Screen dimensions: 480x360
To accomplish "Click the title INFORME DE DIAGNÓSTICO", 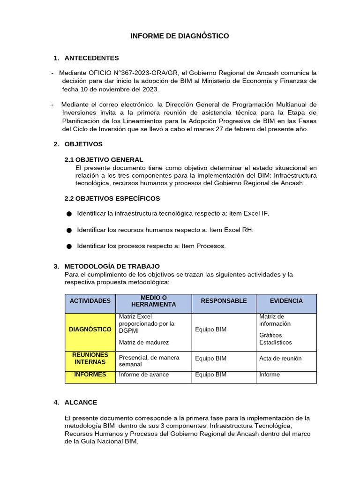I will [180, 36].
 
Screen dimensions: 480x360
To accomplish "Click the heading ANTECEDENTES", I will [91, 58].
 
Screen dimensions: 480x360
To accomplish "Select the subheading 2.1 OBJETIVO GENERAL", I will [104, 160].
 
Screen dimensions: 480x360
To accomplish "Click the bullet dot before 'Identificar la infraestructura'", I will [69, 214].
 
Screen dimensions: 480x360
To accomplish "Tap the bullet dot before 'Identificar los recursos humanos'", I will [69, 230].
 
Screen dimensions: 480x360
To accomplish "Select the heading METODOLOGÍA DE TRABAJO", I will [112, 266].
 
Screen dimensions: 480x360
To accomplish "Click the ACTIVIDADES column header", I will [90, 301].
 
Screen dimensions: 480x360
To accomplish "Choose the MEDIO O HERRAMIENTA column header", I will [154, 301].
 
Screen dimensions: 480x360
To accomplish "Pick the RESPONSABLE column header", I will [224, 301].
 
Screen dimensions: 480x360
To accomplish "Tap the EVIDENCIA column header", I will [286, 301].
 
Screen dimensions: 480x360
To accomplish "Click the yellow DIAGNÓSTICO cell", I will [90, 330].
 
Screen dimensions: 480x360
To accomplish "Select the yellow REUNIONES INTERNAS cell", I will [90, 359].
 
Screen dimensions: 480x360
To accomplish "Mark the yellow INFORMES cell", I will [90, 375].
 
